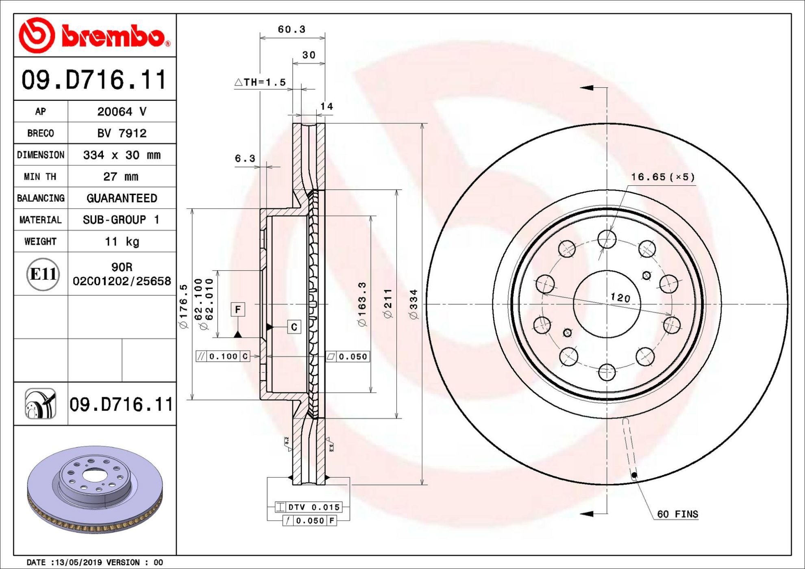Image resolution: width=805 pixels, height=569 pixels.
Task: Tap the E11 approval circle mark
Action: click(43, 274)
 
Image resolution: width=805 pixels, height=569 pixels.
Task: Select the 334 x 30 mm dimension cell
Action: click(122, 155)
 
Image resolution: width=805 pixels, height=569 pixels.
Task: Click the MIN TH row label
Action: click(40, 176)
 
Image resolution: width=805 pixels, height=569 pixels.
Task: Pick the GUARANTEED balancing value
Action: click(122, 198)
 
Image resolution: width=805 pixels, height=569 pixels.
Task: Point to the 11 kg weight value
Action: click(122, 241)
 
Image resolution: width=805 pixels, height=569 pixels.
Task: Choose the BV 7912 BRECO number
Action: click(122, 133)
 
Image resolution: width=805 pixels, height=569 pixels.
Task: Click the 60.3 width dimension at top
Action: click(292, 29)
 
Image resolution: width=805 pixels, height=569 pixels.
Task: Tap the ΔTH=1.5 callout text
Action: click(260, 82)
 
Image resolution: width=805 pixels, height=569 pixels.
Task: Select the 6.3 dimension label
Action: click(245, 158)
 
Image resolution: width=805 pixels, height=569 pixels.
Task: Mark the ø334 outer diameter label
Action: click(413, 304)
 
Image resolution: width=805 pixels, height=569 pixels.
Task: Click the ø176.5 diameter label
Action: click(184, 306)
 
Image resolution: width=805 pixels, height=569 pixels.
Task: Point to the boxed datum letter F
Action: click(238, 310)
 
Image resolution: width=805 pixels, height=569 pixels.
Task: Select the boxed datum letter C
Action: click(294, 327)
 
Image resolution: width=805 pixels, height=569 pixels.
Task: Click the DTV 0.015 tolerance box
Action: click(308, 507)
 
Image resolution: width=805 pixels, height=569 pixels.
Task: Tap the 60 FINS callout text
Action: click(678, 514)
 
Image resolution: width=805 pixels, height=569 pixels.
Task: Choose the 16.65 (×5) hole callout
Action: click(663, 177)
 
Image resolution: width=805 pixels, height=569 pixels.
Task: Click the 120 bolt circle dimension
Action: click(620, 298)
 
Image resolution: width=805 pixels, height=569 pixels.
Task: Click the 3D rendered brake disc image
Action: click(95, 489)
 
